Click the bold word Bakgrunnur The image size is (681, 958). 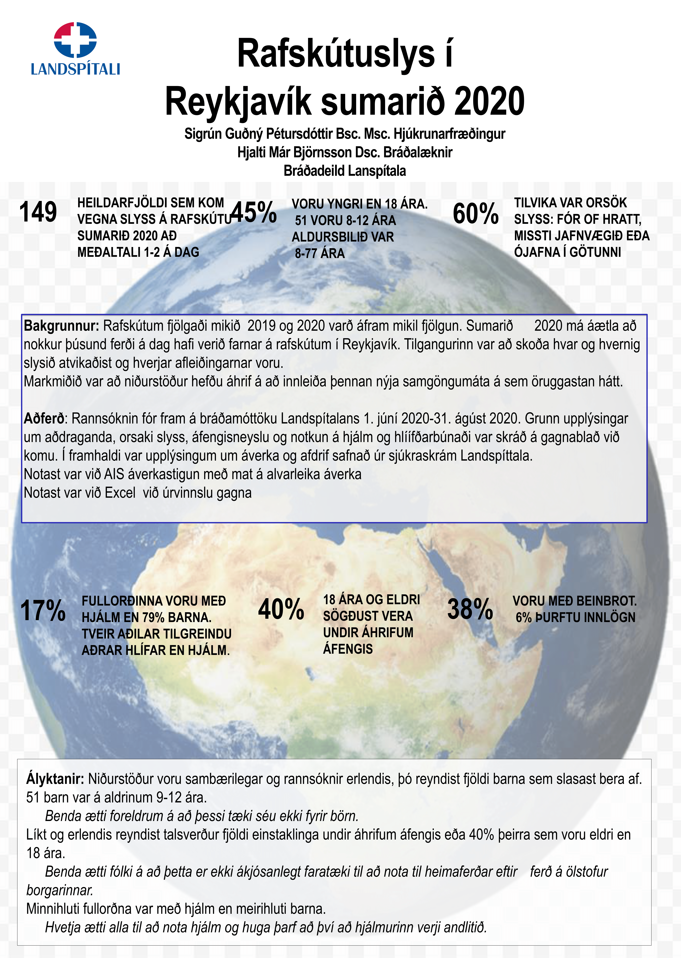[x=61, y=326]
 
